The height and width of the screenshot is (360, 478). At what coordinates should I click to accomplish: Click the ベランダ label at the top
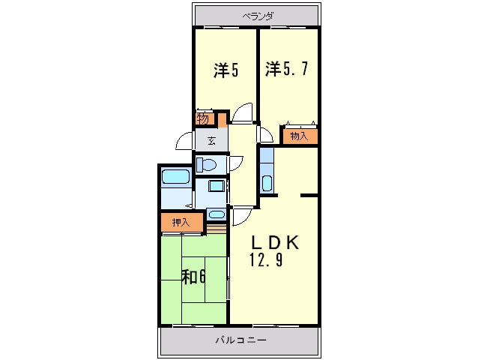click(x=258, y=16)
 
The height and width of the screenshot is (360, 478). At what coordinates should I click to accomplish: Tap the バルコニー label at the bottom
click(x=240, y=340)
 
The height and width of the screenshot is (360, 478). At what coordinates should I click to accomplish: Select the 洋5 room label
click(x=226, y=70)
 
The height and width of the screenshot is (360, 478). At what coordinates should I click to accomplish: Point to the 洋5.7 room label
click(x=286, y=69)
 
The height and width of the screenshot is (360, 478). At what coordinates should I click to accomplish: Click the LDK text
click(x=275, y=243)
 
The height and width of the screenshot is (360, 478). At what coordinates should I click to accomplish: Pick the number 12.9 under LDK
click(x=267, y=259)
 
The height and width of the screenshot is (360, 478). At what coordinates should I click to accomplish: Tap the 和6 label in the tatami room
click(x=193, y=277)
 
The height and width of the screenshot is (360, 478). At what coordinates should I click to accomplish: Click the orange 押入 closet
click(x=182, y=222)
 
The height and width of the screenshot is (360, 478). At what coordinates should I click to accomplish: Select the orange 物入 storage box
click(x=300, y=136)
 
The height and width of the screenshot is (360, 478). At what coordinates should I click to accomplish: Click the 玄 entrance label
click(x=211, y=141)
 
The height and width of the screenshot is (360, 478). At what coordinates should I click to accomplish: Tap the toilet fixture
click(x=206, y=165)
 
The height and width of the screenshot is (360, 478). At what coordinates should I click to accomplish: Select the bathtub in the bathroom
click(x=175, y=177)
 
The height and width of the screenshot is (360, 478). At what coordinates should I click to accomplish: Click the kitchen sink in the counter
click(x=267, y=183)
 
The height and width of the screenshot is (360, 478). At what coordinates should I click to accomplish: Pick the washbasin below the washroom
click(x=217, y=214)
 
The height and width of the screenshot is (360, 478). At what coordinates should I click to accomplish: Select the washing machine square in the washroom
click(x=217, y=186)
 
